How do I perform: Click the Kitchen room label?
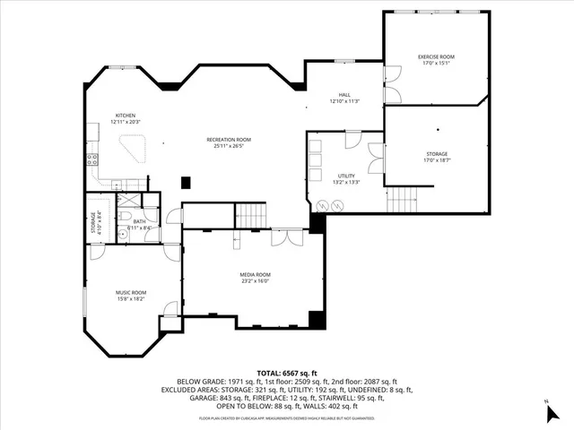pyautogui.click(x=125, y=115)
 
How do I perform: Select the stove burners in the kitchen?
pyautogui.click(x=91, y=160)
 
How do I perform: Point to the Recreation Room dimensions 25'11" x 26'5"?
pyautogui.click(x=229, y=147)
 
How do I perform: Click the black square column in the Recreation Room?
pyautogui.click(x=186, y=182)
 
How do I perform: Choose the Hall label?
pyautogui.click(x=344, y=94)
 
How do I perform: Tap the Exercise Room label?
pyautogui.click(x=436, y=56)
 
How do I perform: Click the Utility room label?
pyautogui.click(x=346, y=176)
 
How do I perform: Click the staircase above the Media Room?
pyautogui.click(x=251, y=215)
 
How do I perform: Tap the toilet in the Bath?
pyautogui.click(x=128, y=219)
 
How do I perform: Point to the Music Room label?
pyautogui.click(x=130, y=292)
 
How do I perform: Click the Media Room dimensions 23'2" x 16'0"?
pyautogui.click(x=256, y=281)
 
